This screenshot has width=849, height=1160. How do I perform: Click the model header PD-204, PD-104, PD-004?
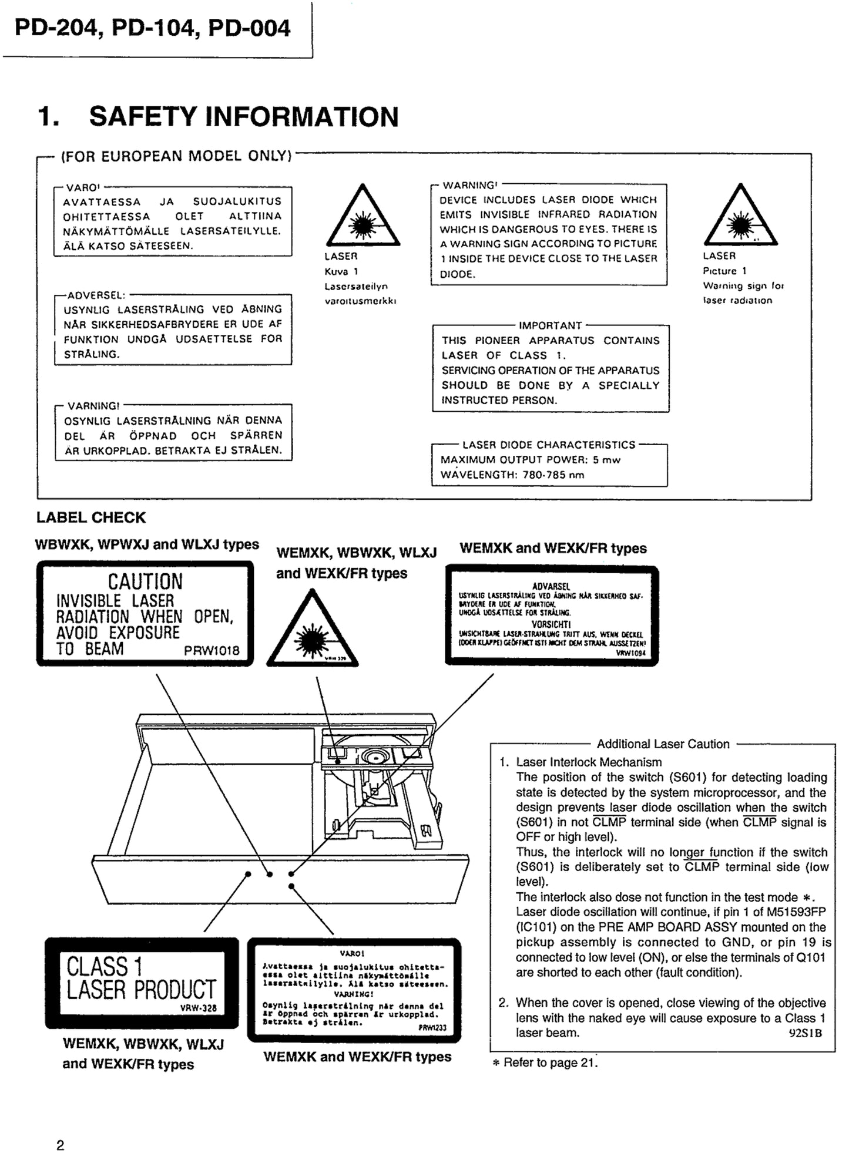click(x=152, y=28)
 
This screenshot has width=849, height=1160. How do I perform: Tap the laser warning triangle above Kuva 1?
click(x=363, y=217)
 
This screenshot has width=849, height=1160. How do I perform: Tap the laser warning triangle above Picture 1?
click(x=740, y=217)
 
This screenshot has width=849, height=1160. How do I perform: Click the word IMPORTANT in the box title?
click(x=550, y=325)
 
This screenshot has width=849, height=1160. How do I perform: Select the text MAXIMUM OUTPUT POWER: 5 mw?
click(x=530, y=460)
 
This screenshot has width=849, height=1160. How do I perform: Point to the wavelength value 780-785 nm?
click(x=553, y=475)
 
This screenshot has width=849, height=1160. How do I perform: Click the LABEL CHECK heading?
click(x=91, y=517)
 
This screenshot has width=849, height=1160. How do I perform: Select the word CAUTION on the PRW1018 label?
click(x=145, y=581)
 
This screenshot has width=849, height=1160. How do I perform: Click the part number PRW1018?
click(x=212, y=651)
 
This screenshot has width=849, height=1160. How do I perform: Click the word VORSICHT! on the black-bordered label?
click(x=551, y=624)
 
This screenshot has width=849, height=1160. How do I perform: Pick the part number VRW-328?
click(x=199, y=1008)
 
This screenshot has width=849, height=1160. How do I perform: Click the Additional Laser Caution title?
click(x=663, y=744)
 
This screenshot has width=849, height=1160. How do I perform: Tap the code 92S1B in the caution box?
click(x=805, y=1033)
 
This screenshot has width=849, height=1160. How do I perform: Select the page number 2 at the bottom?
click(x=61, y=1145)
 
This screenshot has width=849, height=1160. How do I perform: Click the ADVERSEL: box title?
click(x=96, y=295)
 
